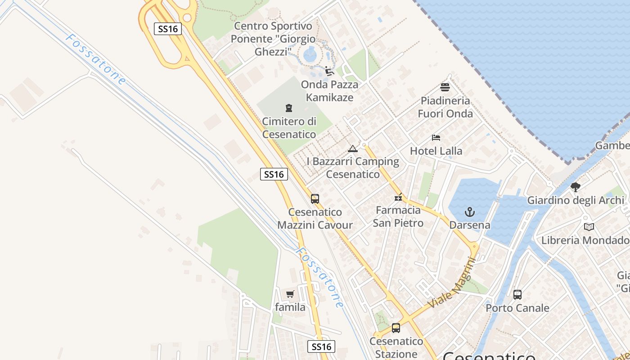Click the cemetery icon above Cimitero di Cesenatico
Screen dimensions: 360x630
click(x=289, y=108)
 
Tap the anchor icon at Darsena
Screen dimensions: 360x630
click(x=470, y=211)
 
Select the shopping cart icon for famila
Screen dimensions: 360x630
click(x=290, y=294)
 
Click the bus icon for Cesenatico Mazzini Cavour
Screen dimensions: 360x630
click(x=315, y=198)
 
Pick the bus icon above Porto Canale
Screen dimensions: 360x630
click(x=517, y=295)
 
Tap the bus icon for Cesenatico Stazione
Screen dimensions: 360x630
click(x=396, y=328)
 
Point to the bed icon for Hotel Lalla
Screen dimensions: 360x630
click(x=436, y=137)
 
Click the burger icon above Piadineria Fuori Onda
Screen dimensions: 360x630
click(x=445, y=87)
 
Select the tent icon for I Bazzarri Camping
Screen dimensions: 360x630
click(x=353, y=148)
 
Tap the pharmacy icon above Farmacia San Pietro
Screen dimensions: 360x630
click(x=398, y=197)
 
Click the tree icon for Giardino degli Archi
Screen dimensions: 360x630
click(x=575, y=187)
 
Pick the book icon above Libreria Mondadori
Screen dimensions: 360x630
click(x=589, y=227)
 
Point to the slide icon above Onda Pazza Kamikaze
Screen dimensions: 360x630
click(x=329, y=71)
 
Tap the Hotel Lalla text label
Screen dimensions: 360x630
click(x=436, y=151)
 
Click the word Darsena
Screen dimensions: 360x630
click(x=470, y=225)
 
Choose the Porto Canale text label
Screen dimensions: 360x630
click(x=517, y=308)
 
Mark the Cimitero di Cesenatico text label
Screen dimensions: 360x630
click(x=289, y=128)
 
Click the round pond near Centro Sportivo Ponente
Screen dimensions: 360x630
click(x=310, y=55)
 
